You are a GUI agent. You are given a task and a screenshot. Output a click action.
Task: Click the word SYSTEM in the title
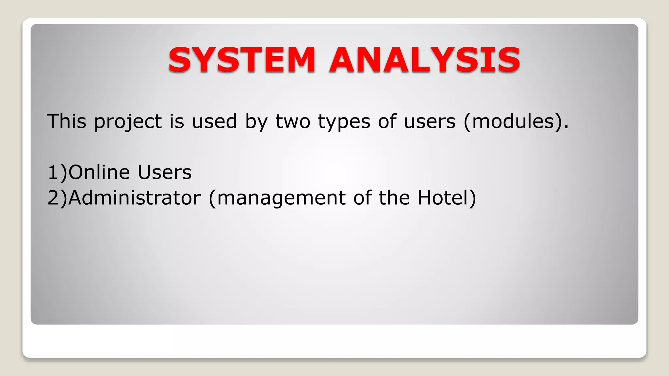click(x=241, y=60)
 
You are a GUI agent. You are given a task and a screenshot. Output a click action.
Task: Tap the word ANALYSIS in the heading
click(x=425, y=60)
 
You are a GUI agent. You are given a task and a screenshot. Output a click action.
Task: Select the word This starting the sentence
click(x=67, y=121)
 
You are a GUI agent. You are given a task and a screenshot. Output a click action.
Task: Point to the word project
click(x=128, y=122)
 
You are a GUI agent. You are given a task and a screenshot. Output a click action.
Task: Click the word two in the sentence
click(x=293, y=121)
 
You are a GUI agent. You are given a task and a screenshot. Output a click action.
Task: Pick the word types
click(x=344, y=122)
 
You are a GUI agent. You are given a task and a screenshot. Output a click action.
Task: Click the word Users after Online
click(x=164, y=172)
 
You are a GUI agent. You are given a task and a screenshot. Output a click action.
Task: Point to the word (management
click(x=277, y=198)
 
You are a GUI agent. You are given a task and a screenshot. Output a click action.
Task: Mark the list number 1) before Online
click(x=57, y=172)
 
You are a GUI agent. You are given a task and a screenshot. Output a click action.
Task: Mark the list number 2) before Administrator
click(x=57, y=197)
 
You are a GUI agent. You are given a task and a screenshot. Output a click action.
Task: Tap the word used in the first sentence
click(x=214, y=121)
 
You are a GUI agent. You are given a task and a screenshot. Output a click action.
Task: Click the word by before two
click(x=256, y=122)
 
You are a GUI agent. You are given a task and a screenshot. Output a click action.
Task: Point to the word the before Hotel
click(x=394, y=197)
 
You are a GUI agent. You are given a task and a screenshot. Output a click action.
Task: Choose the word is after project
click(x=177, y=121)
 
